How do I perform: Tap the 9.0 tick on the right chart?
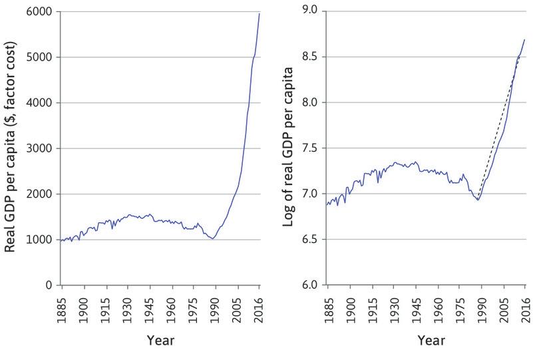310,11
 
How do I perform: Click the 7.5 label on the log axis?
310,148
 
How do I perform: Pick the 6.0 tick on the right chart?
310,285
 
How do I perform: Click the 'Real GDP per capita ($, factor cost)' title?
13,148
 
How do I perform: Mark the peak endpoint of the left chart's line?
260,13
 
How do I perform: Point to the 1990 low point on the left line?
212,238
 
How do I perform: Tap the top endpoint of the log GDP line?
524,40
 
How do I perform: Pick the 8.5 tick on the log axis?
310,57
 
